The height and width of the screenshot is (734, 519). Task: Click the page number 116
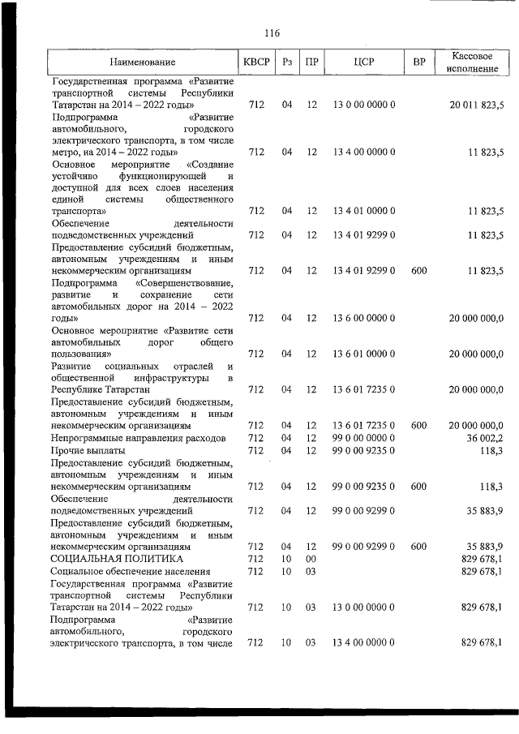[272, 33]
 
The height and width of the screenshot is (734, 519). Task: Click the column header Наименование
[143, 62]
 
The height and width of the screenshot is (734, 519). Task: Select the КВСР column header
[256, 62]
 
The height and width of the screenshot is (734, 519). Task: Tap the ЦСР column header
[363, 62]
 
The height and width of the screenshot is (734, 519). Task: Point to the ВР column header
[419, 62]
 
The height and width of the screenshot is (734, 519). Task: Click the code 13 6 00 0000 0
[363, 318]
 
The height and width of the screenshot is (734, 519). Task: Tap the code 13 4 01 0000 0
[363, 211]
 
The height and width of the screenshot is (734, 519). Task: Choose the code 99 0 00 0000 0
[363, 437]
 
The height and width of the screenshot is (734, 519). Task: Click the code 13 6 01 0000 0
[363, 354]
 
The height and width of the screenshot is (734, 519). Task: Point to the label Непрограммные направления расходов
[138, 437]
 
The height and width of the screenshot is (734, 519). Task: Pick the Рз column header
[286, 62]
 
